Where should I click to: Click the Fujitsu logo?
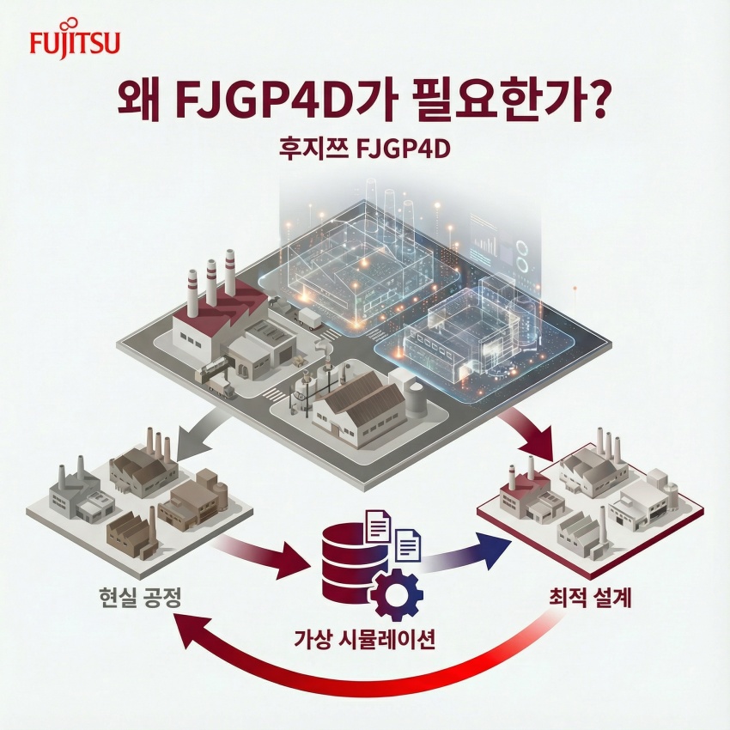[75, 41]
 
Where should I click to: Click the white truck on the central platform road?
[309, 318]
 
